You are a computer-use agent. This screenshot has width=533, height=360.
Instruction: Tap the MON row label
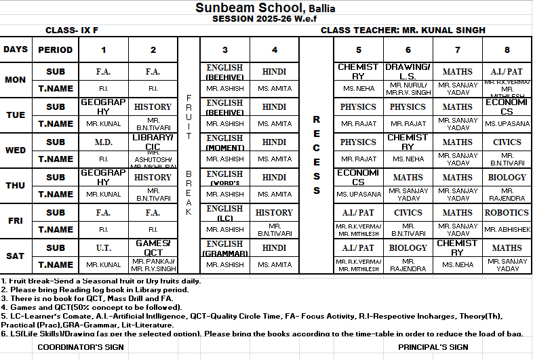(x=16, y=79)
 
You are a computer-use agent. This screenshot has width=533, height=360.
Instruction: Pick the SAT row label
(x=16, y=256)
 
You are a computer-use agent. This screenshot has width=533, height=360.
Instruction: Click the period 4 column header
(x=274, y=49)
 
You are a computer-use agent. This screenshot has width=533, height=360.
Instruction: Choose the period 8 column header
(x=507, y=49)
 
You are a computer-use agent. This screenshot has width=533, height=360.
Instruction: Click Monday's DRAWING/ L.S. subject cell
(x=408, y=71)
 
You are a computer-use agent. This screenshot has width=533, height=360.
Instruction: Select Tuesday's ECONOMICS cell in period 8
(x=507, y=106)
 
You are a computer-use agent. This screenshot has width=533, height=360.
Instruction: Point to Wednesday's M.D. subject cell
(x=103, y=142)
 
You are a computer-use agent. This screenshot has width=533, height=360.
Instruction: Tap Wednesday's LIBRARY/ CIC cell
(x=153, y=142)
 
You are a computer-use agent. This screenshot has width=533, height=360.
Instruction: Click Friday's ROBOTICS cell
(x=507, y=212)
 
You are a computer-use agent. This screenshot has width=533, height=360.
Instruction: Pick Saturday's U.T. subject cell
(x=103, y=248)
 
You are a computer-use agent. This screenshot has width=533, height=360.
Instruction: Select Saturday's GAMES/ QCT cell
(x=153, y=247)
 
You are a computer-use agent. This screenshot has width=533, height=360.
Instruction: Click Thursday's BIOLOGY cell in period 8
(x=507, y=178)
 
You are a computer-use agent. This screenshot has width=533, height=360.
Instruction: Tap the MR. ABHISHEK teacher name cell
(x=507, y=230)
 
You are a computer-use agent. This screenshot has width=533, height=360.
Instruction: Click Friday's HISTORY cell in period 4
(x=274, y=212)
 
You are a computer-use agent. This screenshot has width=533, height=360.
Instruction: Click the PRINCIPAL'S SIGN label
(x=433, y=347)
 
